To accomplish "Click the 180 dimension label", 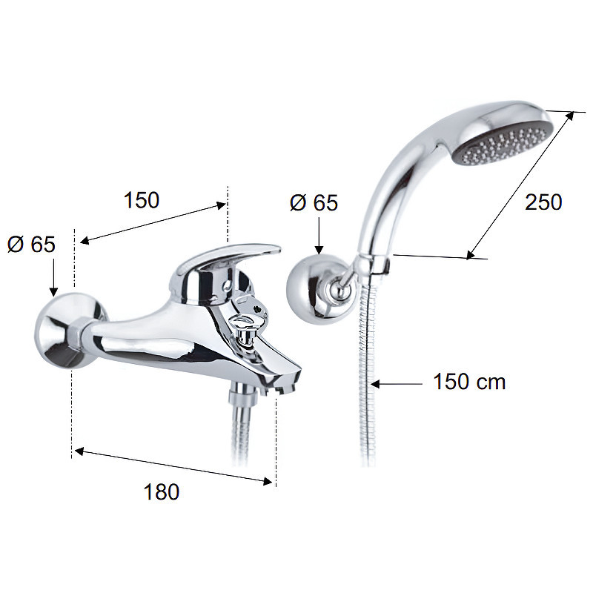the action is click(x=162, y=492).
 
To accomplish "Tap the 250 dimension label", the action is click(x=543, y=202).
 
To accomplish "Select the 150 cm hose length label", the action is click(x=469, y=381).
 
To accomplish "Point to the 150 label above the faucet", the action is click(x=142, y=199).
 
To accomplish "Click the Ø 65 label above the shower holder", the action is click(x=314, y=202).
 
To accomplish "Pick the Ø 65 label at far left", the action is click(x=31, y=244).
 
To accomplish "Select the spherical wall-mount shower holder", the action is click(x=310, y=289).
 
